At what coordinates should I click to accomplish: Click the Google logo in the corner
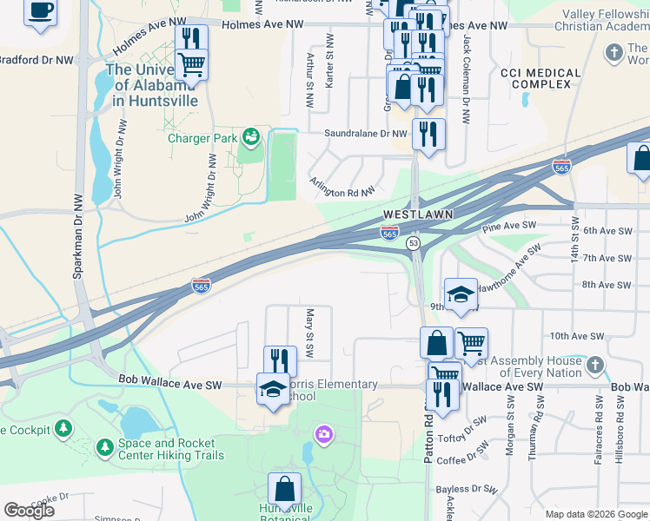29,511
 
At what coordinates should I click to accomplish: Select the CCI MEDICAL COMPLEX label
541,78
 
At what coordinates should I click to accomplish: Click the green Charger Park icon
250,136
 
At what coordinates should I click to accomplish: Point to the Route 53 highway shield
413,244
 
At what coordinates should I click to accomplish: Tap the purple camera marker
323,433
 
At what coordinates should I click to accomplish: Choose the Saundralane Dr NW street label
366,134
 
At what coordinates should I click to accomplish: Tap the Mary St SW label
308,332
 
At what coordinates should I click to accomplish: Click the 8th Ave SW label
606,285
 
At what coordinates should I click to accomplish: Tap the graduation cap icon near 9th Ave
461,292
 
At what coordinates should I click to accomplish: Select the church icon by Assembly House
594,365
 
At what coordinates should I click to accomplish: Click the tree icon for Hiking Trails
104,447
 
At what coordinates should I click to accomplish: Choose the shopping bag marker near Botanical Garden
284,488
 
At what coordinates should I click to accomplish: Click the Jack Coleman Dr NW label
467,70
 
